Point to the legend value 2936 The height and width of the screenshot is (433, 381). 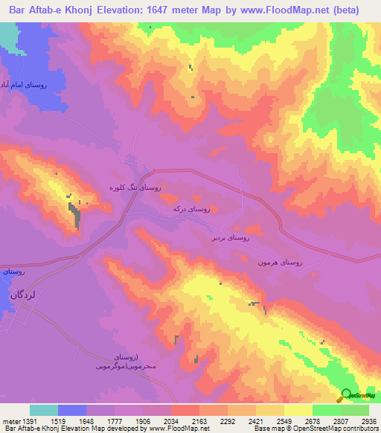(x=369, y=420)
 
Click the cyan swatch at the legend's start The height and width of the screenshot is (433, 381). (x=44, y=410)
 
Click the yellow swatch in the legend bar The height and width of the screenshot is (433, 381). (x=298, y=410)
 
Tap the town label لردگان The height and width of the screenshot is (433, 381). (x=22, y=295)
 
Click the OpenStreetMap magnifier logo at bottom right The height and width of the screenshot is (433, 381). (x=345, y=394)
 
